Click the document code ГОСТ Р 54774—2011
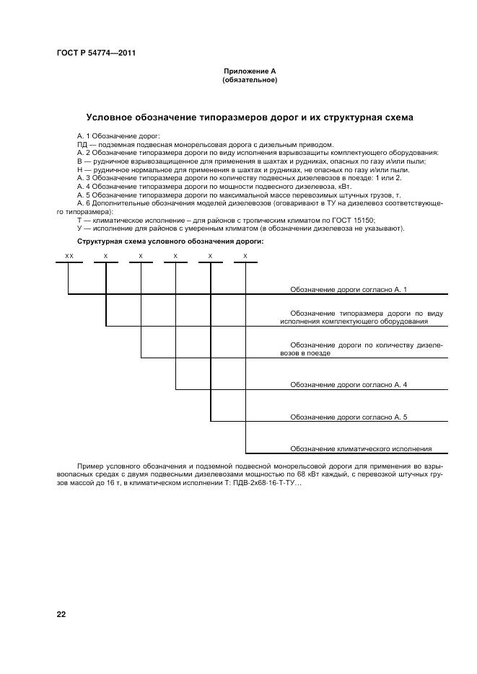click(x=96, y=53)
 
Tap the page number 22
click(x=61, y=614)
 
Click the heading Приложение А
click(x=249, y=71)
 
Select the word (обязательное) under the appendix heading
click(x=249, y=80)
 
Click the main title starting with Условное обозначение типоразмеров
click(x=249, y=117)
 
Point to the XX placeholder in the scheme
click(x=69, y=256)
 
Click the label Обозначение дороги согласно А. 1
click(x=349, y=289)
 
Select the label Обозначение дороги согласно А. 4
click(x=349, y=385)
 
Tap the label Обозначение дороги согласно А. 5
click(x=349, y=417)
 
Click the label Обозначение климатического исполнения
click(x=361, y=448)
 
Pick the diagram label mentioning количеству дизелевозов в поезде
click(x=362, y=349)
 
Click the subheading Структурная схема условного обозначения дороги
click(x=170, y=241)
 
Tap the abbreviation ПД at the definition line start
click(x=82, y=144)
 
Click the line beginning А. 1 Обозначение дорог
click(x=119, y=136)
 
